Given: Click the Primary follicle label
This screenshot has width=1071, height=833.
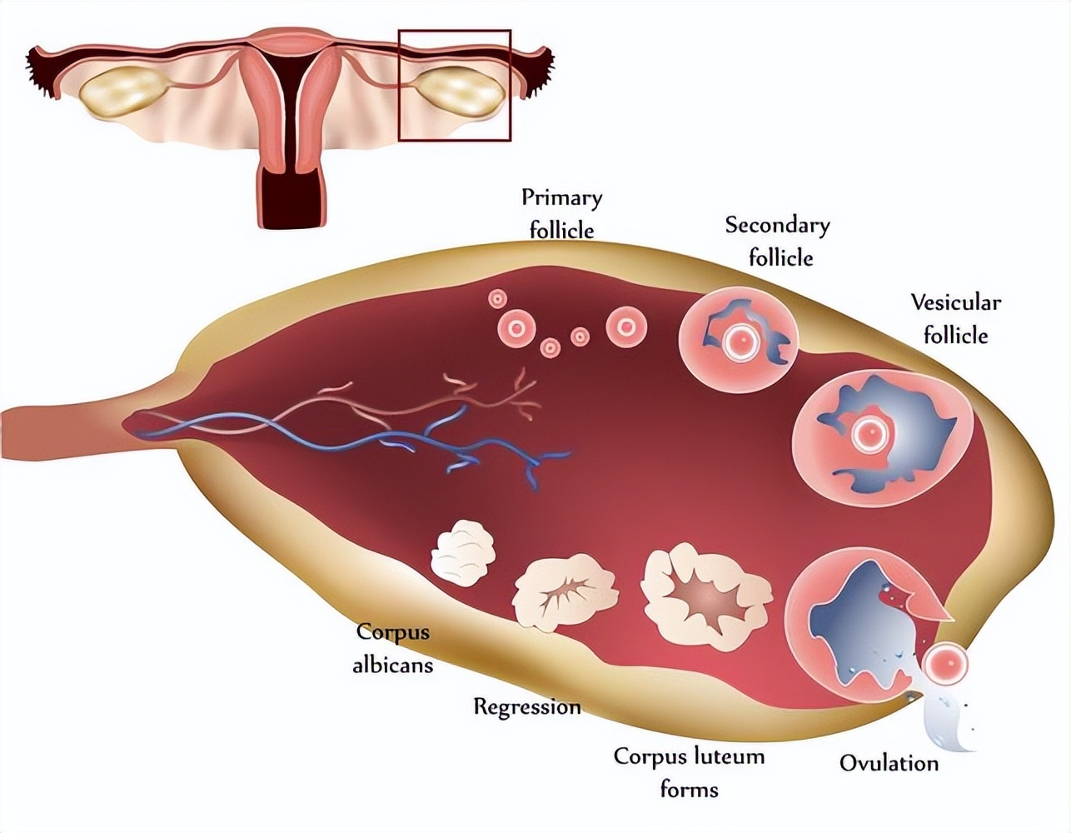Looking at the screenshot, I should [x=561, y=213].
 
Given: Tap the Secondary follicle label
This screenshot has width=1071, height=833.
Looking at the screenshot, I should [x=778, y=241].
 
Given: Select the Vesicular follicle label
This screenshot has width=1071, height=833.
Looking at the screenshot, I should [x=955, y=318].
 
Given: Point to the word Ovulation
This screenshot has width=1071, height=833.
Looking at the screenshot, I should [x=889, y=762].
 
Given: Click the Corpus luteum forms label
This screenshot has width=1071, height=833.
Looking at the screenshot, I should [x=689, y=772].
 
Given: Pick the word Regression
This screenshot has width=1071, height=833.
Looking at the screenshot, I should [x=527, y=707].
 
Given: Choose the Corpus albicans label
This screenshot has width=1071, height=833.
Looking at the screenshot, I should [x=392, y=648].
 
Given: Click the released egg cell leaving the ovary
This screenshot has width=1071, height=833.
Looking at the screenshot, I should [x=947, y=664].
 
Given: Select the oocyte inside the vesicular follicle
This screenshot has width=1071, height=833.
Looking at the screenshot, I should [x=871, y=433].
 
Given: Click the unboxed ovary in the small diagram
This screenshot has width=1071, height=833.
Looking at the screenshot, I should [x=122, y=91].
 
